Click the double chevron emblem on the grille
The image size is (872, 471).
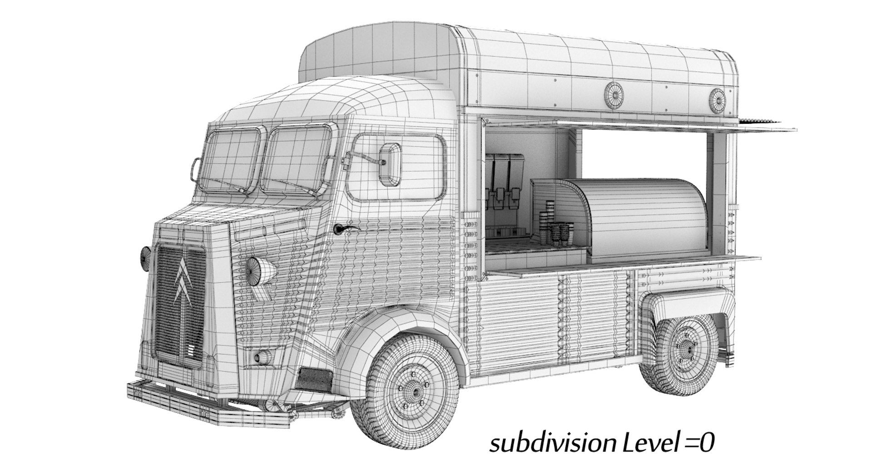coord(183,281)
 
